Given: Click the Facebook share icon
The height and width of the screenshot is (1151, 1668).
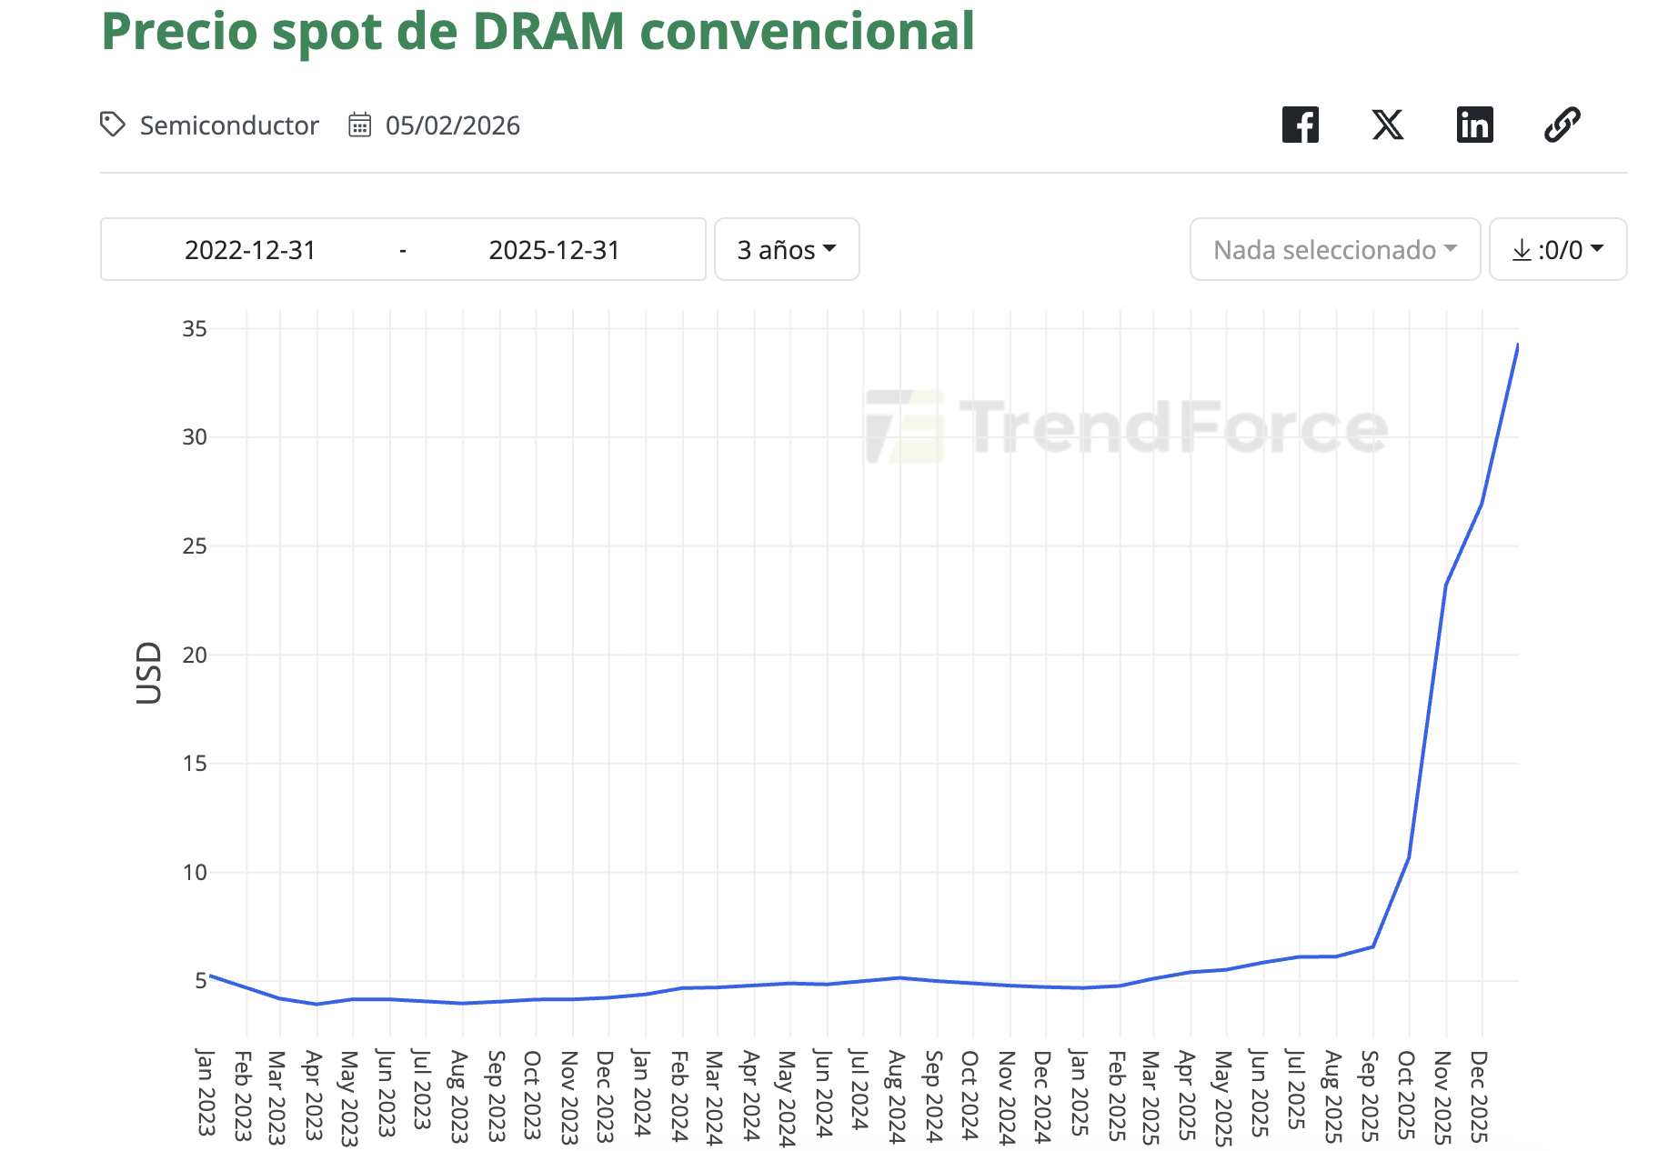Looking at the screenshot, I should pos(1300,125).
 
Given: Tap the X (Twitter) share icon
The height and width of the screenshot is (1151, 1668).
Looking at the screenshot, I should pos(1387,125).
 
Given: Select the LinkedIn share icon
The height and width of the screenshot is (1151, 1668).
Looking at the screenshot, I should pos(1474,125).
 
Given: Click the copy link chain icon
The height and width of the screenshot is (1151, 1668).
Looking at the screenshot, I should pos(1562,125).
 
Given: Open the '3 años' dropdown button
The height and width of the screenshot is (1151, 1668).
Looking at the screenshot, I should pos(786,249).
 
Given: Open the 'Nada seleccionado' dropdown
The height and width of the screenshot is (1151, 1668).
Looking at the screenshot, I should pos(1334,249).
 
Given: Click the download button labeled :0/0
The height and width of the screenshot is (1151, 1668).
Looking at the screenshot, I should pos(1557,249).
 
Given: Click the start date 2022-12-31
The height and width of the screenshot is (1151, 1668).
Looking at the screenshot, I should pos(250,249).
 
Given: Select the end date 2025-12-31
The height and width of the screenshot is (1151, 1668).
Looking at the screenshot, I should pos(554,249).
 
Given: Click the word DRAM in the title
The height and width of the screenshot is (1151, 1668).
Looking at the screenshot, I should pos(548,31).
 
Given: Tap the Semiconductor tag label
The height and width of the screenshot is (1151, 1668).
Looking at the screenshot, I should pos(228,125).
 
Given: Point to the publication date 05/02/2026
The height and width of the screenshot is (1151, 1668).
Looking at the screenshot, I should pos(452,125).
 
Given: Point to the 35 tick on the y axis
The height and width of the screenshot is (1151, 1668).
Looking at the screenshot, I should pos(195,328).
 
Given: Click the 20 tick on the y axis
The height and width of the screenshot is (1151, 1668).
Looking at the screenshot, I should pos(195,655).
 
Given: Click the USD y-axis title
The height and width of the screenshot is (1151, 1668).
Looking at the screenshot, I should pos(148,673).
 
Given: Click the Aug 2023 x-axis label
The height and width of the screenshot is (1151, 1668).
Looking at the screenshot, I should pos(459,1096).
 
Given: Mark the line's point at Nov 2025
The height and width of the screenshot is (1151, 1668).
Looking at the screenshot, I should pos(1446,584).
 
